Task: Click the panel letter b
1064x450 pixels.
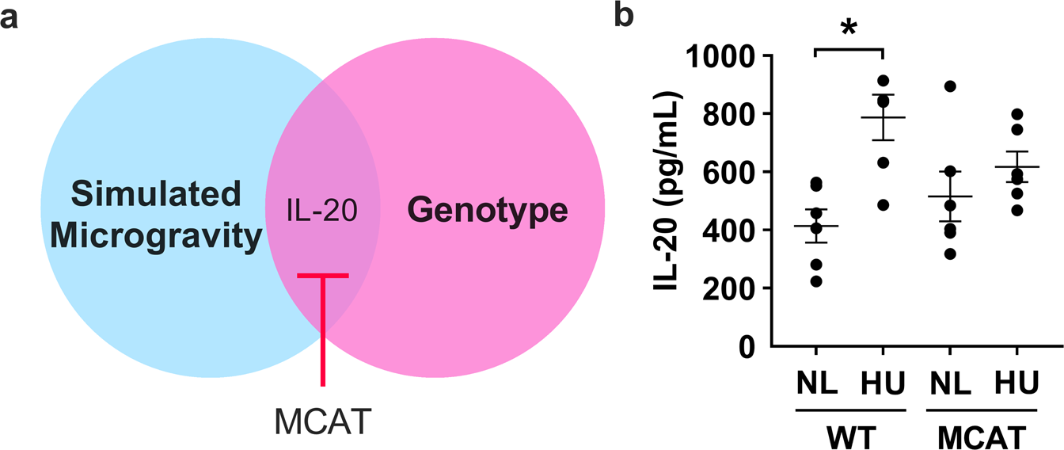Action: click(625, 16)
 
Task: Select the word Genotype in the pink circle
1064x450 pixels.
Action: click(488, 211)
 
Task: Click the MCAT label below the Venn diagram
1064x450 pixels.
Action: click(322, 421)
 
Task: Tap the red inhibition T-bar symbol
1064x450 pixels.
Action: click(322, 317)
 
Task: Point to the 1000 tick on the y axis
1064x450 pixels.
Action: click(716, 56)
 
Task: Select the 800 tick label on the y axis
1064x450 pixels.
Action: click(726, 114)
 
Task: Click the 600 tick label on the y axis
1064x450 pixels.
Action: click(726, 173)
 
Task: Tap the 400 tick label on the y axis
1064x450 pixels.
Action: click(726, 231)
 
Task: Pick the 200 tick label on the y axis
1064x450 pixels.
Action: click(726, 288)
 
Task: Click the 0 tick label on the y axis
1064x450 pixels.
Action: click(744, 346)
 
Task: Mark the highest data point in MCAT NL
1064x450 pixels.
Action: click(944, 86)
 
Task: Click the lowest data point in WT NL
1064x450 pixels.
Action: click(819, 281)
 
